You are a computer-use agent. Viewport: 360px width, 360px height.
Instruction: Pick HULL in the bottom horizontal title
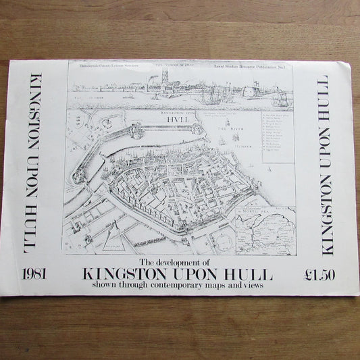(251, 275)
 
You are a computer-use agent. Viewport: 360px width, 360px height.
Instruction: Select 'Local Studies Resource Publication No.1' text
(259, 69)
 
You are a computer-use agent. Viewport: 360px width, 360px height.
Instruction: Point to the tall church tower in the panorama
(164, 77)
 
